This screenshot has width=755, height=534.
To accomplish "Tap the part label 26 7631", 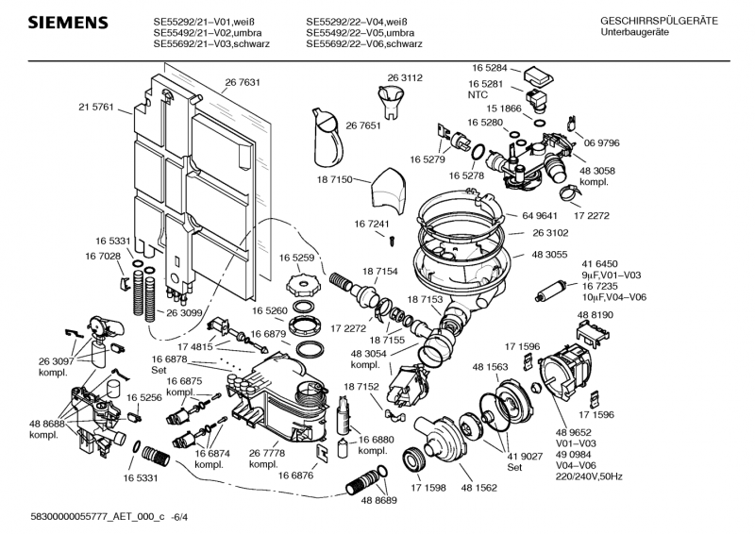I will (243, 83).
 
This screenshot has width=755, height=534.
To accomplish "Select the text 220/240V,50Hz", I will (615, 477).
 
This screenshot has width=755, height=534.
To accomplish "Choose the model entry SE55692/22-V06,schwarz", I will (364, 44).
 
